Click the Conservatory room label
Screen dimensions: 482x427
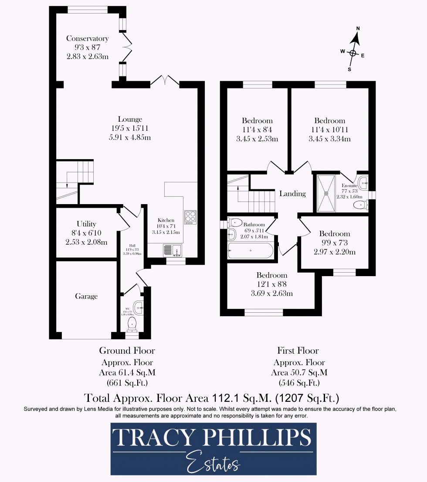[x=87, y=39]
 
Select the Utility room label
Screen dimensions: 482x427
[x=86, y=224]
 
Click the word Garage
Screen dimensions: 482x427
[x=86, y=297]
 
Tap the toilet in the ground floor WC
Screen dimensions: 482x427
[x=132, y=324]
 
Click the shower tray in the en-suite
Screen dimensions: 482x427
[x=326, y=193]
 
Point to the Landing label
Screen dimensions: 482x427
[x=292, y=194]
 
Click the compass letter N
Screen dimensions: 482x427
[x=358, y=29]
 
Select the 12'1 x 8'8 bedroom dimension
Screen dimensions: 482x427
[x=271, y=284]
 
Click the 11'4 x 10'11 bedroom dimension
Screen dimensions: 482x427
[x=329, y=130]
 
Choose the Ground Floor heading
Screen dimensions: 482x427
[x=127, y=351]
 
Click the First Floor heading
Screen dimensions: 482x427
[x=298, y=351]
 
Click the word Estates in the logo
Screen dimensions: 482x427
[x=212, y=462]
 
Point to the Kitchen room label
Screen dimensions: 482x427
[x=166, y=221]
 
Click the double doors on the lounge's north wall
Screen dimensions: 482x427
[x=165, y=81]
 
